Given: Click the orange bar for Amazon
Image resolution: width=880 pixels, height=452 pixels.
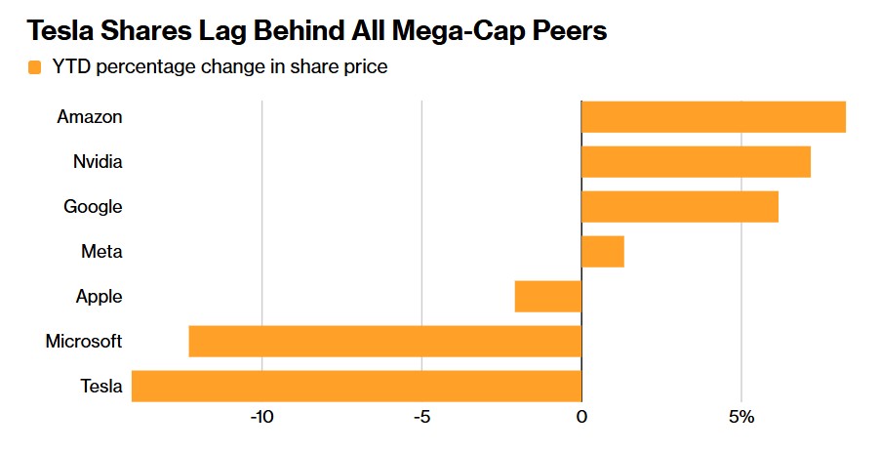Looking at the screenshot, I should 713,116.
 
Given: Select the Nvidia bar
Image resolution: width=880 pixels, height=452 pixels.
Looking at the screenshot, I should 696,161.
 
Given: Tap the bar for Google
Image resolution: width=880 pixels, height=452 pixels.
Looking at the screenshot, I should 680,207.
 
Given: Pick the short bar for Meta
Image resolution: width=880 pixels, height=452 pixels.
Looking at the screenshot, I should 602,252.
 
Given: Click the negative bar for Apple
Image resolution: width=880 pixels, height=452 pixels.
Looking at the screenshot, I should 548,297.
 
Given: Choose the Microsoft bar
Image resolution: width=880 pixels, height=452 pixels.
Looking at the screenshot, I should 384,342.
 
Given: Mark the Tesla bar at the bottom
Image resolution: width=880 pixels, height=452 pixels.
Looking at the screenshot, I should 356,387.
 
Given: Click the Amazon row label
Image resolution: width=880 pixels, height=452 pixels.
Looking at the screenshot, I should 90,117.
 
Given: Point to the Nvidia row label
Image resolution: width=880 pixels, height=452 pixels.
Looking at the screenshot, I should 98,162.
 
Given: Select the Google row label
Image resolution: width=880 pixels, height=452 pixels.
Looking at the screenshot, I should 93,207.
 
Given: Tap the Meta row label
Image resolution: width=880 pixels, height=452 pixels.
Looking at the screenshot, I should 101,252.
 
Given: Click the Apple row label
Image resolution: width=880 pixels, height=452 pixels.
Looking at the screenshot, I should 99,297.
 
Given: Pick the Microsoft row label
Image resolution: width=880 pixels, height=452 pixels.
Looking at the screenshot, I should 84,342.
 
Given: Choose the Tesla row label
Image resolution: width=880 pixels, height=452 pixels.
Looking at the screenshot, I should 101,387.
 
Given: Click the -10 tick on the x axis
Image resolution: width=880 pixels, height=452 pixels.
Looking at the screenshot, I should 261,418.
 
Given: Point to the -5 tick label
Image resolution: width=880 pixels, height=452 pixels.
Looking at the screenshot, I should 421,418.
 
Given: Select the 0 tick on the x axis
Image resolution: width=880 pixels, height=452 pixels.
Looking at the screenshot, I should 581,418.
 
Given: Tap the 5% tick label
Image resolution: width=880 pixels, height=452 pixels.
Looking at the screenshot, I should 741,418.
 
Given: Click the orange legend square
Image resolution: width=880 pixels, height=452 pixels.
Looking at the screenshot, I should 35,67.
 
